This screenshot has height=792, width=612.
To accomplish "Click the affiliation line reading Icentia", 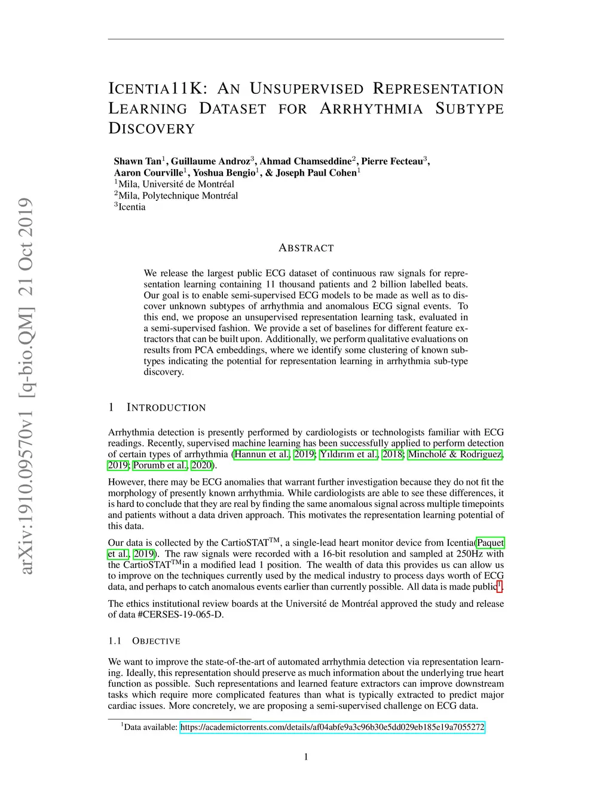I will coord(131,207).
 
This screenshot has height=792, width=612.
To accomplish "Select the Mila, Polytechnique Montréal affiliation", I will coord(178,195).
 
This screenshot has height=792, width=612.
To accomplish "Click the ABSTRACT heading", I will coord(306,248).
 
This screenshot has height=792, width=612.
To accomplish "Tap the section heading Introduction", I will coord(166,408).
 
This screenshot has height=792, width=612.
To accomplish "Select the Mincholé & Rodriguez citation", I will coord(455,454).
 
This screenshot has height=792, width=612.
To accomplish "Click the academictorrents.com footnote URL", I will coord(332,727).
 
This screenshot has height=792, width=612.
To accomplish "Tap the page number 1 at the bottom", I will coord(306,757).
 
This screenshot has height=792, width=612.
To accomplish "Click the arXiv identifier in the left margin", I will coord(25,386).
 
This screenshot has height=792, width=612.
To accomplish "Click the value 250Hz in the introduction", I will coord(470,554).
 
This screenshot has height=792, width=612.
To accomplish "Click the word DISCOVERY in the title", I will coord(152,129).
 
